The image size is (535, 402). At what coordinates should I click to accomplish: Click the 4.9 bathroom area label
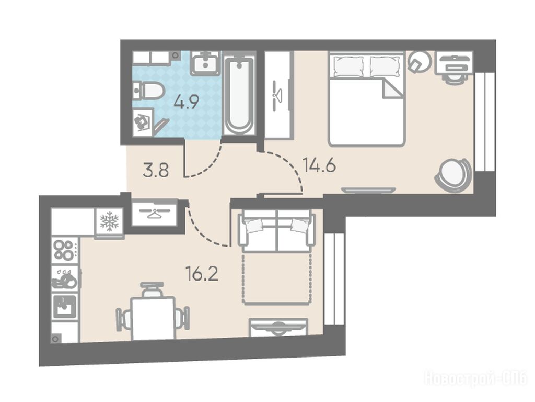point(187,102)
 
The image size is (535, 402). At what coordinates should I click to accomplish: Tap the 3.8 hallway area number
point(156,171)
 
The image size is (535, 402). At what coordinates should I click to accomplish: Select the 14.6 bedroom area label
point(319,166)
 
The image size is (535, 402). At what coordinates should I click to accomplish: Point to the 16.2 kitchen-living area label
point(202,274)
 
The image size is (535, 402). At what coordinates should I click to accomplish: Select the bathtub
point(239,96)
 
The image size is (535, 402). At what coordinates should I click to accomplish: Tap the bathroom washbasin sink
point(205,63)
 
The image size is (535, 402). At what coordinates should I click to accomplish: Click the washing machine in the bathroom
point(143,121)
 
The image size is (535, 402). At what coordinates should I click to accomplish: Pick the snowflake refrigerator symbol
point(109,221)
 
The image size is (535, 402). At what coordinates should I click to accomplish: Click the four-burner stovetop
point(64,250)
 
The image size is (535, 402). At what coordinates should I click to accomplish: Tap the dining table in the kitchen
point(153,318)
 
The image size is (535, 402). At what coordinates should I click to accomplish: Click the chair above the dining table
point(152,290)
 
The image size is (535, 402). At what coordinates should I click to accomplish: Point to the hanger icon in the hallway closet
point(154,214)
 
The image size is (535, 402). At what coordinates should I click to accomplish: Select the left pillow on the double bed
point(348,66)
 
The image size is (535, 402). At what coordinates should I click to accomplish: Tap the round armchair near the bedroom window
point(453,175)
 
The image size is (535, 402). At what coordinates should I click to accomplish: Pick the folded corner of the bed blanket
point(393,88)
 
